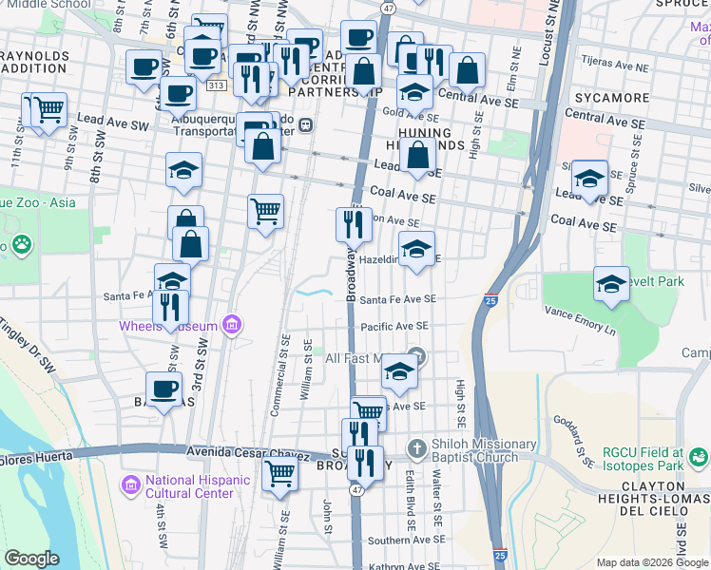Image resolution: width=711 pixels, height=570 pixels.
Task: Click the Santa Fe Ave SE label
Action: [397, 298]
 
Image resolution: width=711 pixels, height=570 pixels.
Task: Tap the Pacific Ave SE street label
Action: [394, 326]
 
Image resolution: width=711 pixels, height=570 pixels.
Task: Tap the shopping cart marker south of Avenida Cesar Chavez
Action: [279, 472]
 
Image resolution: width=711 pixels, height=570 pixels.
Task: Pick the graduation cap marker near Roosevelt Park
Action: [611, 282]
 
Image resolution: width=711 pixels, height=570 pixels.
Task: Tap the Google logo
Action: [31, 559]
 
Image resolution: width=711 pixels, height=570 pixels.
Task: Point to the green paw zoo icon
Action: [20, 245]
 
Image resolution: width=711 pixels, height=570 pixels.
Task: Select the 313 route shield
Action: [216, 85]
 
